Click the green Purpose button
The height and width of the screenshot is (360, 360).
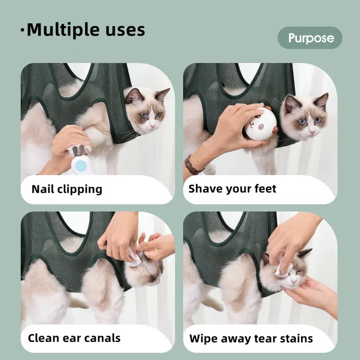coord(310,38)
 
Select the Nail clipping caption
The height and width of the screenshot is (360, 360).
coord(67,189)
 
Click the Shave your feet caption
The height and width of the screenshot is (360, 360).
coord(232,189)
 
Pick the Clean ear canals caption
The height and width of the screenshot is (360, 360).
coord(74,339)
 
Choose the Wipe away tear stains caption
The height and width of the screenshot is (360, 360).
coord(251,339)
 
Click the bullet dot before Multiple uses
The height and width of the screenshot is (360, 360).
coord(22,31)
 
